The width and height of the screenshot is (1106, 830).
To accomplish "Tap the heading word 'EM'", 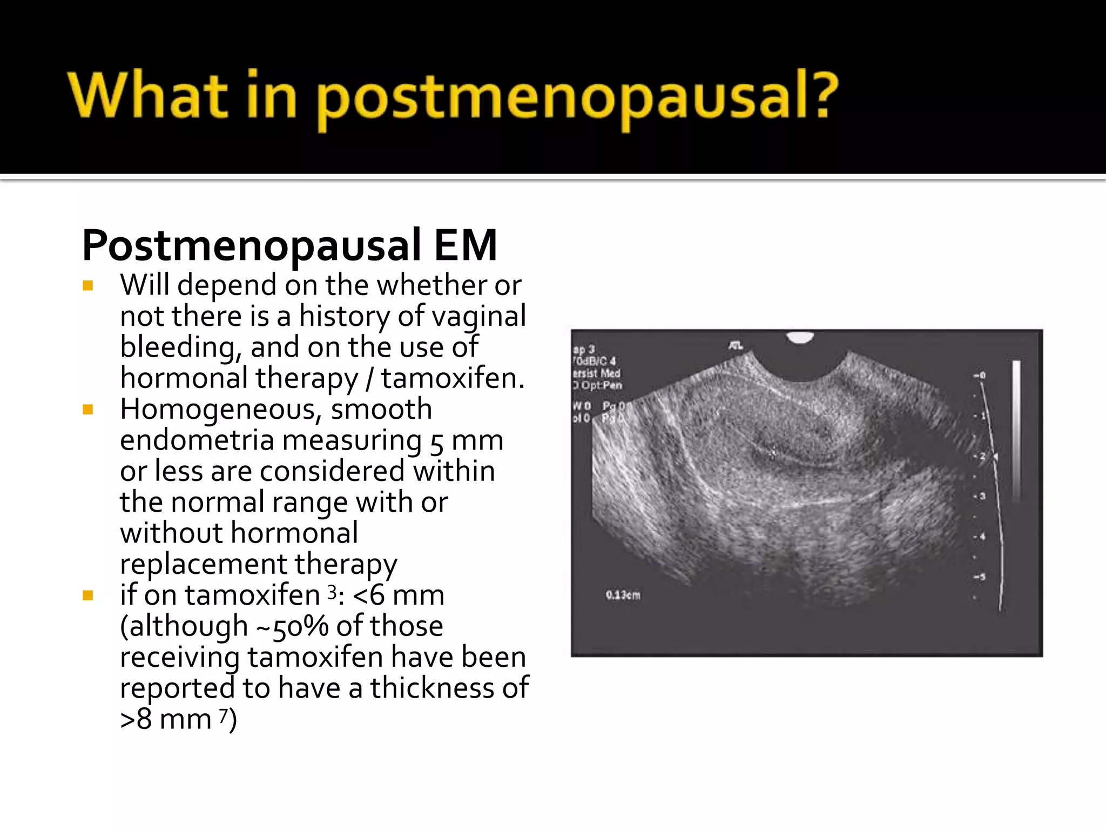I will pos(465,246).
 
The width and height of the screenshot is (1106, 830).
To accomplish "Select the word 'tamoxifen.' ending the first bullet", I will pos(453,378).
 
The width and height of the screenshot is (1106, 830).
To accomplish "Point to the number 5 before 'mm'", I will pos(437,441).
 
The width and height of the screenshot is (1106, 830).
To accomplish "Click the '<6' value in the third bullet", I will pos(369,595).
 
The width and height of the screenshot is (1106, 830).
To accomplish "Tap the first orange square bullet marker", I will pos(88,285).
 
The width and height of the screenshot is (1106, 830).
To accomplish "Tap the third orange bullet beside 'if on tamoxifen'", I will pos(88,595).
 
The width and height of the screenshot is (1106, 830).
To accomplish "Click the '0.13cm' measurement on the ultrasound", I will pos(623,595).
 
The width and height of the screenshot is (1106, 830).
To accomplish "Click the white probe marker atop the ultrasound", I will pos(800,337).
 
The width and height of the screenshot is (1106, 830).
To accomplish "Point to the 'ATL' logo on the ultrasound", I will pos(736,345).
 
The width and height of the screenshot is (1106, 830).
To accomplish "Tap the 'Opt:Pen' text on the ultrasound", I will pos(601,385).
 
